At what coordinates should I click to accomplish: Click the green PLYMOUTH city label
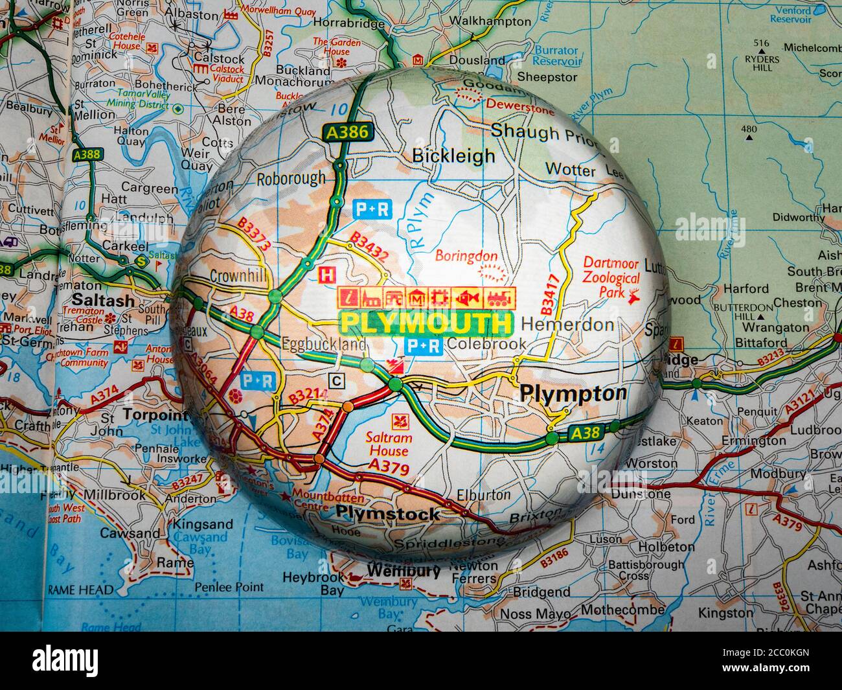(x=426, y=323)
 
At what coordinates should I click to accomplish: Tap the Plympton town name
(x=573, y=393)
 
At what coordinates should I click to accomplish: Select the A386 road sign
(x=347, y=133)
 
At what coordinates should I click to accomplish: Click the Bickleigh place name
(x=453, y=155)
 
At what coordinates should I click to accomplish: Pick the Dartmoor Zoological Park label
(x=611, y=278)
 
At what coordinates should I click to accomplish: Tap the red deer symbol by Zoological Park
(x=635, y=295)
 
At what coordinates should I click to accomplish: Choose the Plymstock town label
(x=387, y=514)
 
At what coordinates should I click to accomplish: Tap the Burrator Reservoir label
(x=556, y=56)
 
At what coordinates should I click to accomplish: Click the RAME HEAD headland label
(x=80, y=590)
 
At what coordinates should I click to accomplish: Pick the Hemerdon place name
(x=567, y=324)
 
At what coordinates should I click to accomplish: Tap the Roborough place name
(x=291, y=178)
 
